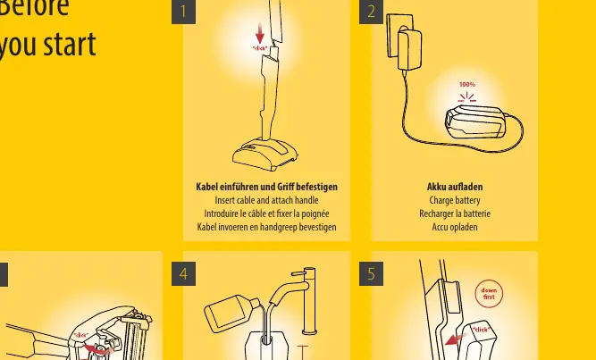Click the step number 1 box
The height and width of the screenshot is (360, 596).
[x=183, y=12]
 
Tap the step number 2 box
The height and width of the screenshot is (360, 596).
[x=372, y=12]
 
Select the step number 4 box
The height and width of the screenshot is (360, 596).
[x=183, y=273]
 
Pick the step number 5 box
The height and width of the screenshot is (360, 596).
[x=372, y=273]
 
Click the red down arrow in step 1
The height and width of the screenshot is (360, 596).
[x=260, y=33]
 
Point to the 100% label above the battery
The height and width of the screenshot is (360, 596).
[x=467, y=84]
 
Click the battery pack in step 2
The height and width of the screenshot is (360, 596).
[x=475, y=121]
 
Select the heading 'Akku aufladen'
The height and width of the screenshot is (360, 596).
[x=455, y=187]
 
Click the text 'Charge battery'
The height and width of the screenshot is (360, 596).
[x=455, y=200]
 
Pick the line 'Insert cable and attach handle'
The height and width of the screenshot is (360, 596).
[x=266, y=200]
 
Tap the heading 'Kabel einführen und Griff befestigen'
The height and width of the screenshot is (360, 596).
[x=266, y=187]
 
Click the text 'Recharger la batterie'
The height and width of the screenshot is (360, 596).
[x=455, y=213]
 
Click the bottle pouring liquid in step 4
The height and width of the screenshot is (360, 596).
[x=231, y=313]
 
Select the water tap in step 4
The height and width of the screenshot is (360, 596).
[x=297, y=300]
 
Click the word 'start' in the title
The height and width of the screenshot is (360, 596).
[x=70, y=45]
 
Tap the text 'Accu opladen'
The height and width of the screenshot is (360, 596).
[x=455, y=227]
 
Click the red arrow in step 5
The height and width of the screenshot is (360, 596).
[x=456, y=339]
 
